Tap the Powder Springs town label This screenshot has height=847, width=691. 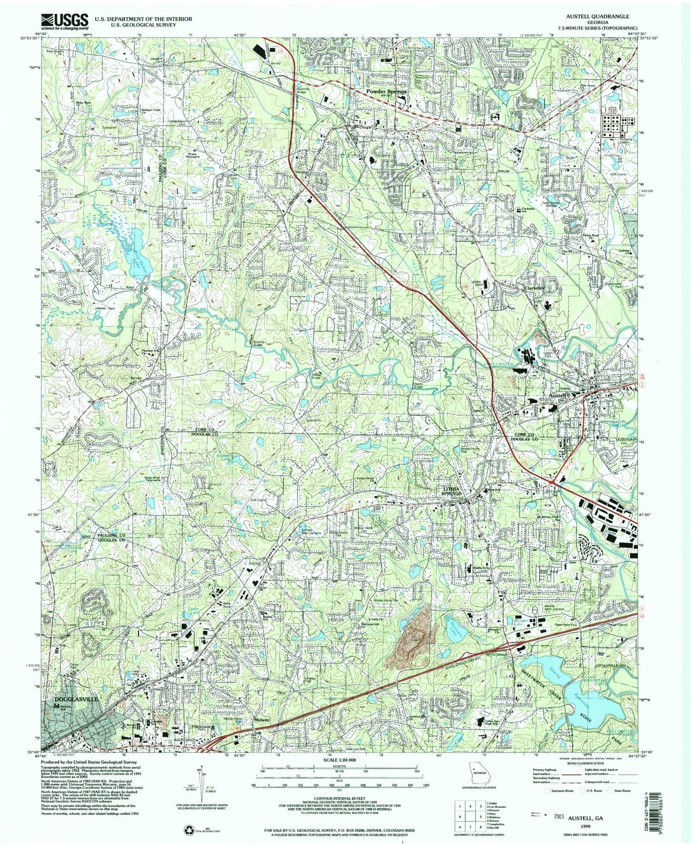click(386, 92)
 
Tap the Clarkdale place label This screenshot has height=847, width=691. click(534, 288)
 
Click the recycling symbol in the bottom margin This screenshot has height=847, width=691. click(189, 827)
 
